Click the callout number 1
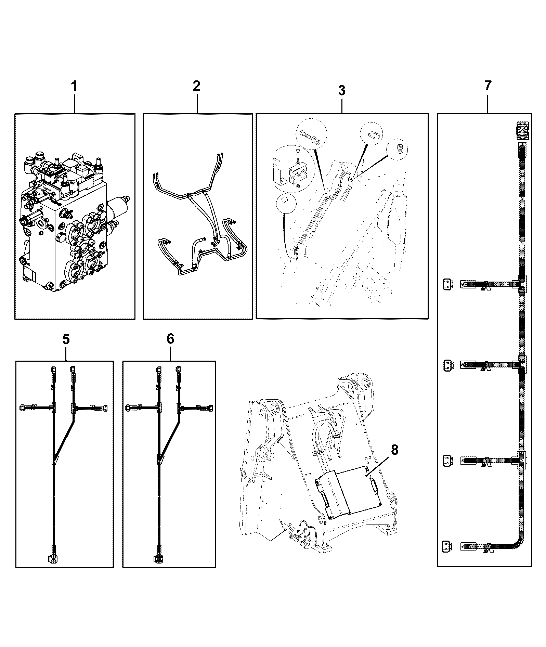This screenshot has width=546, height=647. coord(74,86)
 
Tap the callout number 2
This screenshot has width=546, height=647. coord(196,86)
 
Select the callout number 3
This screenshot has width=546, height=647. coord(342,90)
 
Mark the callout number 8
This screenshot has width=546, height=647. coord(394,450)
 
